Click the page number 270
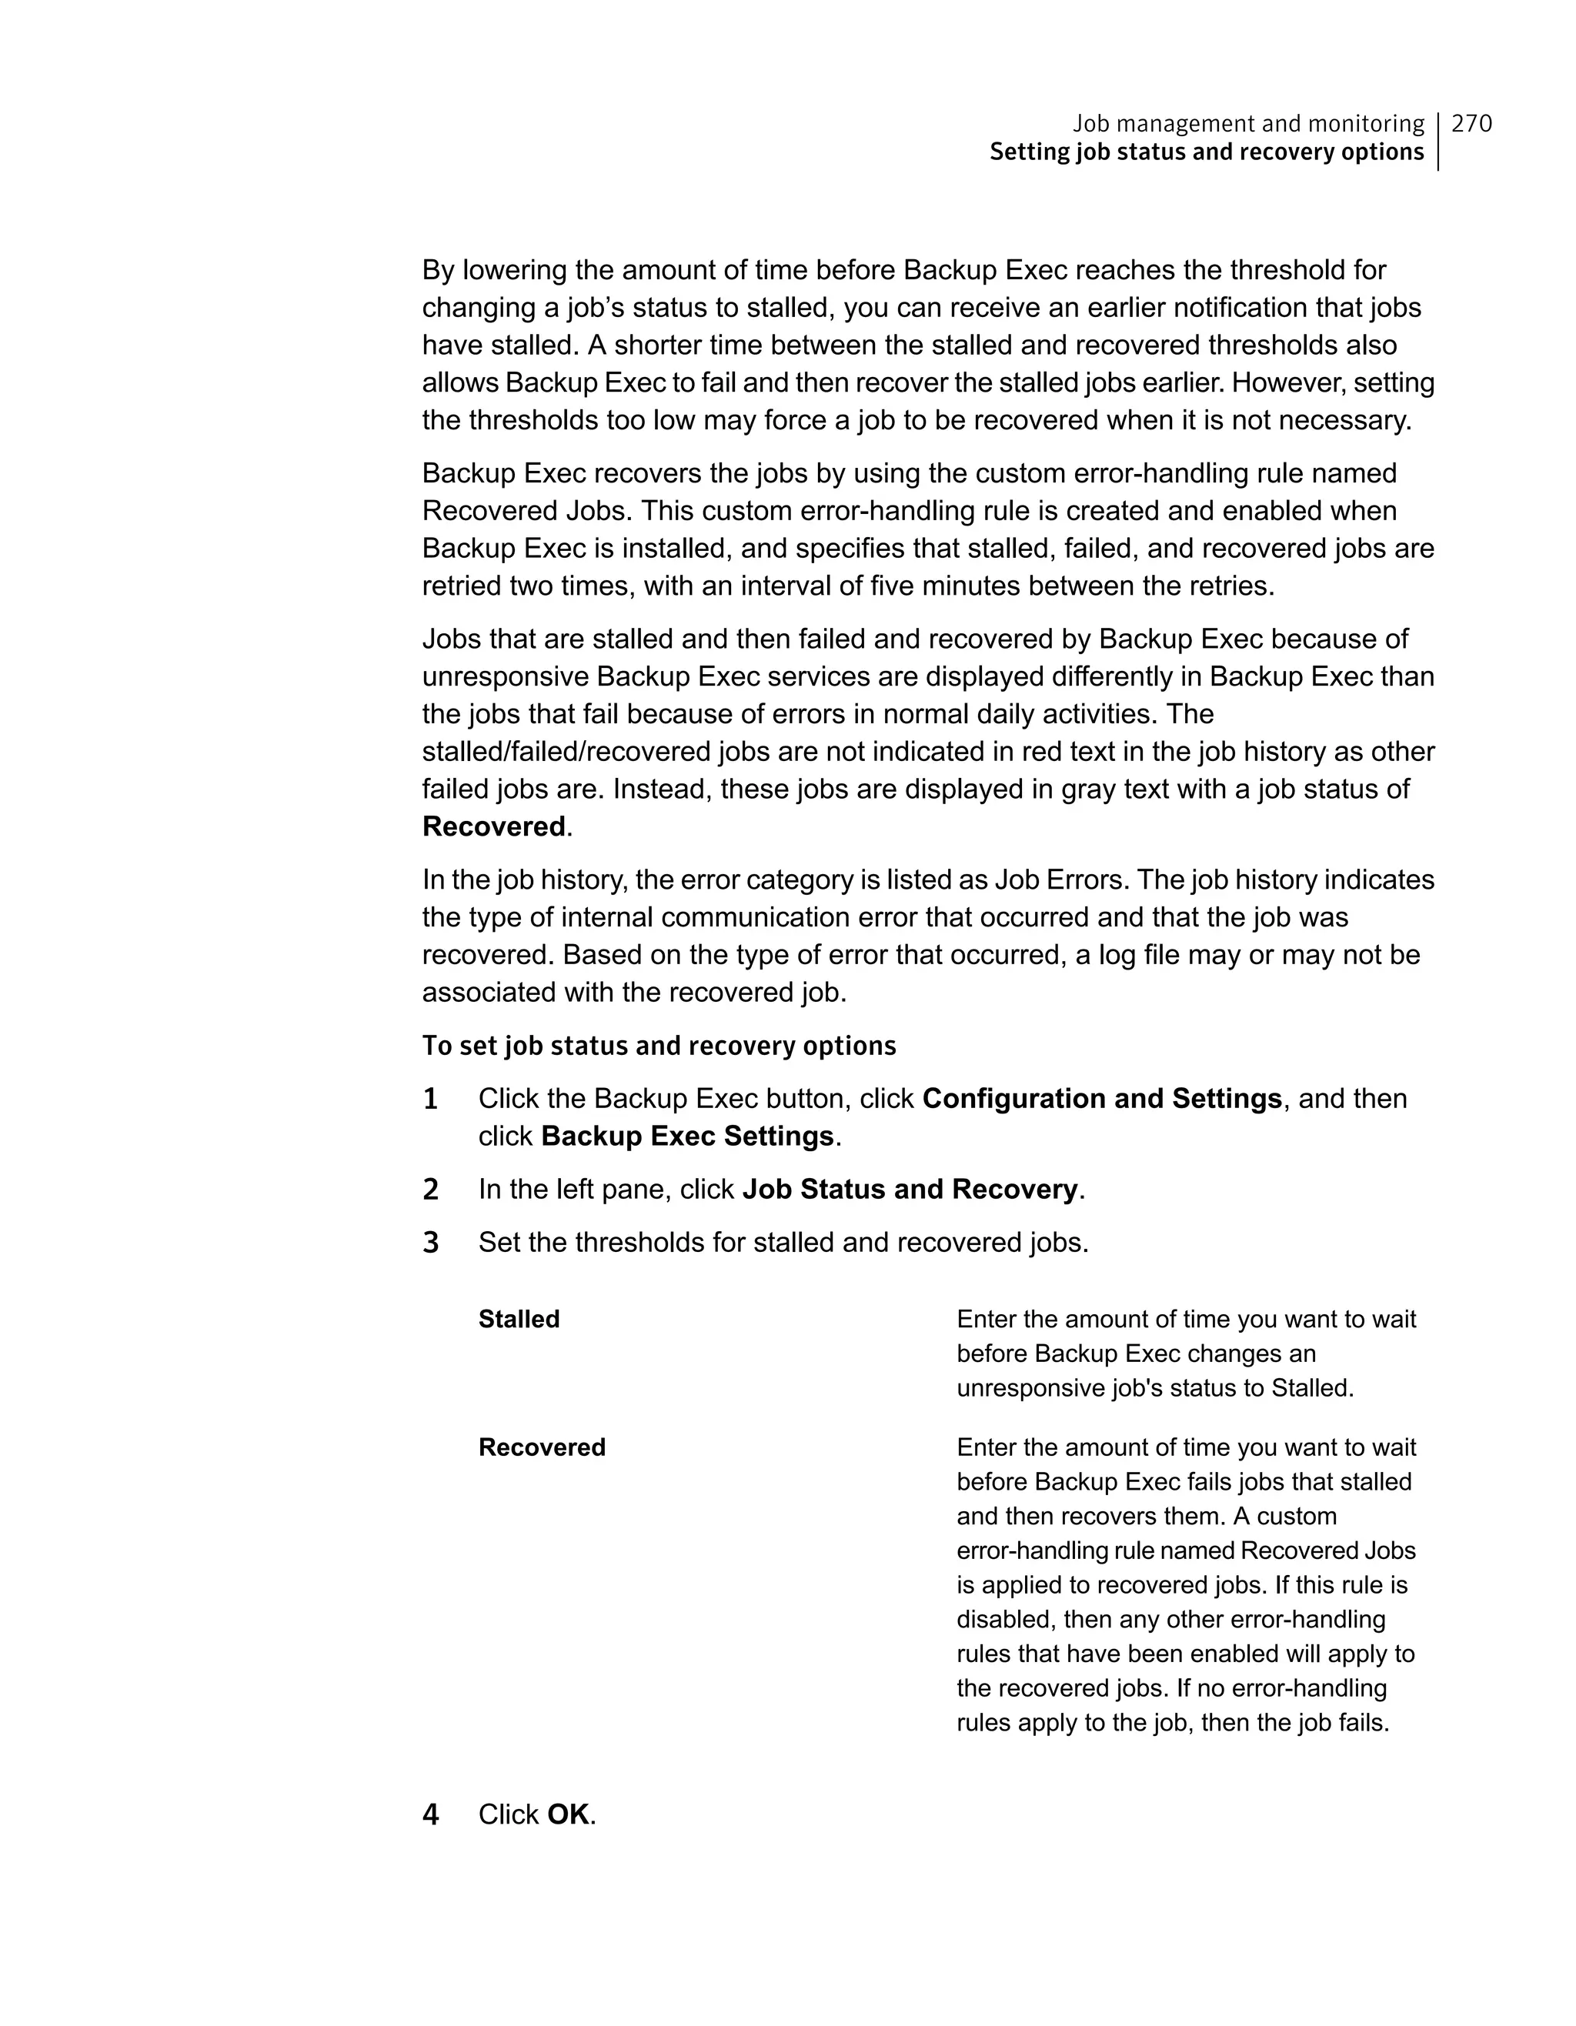pyautogui.click(x=1471, y=123)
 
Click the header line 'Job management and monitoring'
pyautogui.click(x=1247, y=123)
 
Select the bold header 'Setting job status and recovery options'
pyautogui.click(x=1206, y=152)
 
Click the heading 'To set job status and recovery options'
pyautogui.click(x=659, y=1046)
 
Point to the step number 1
pyautogui.click(x=430, y=1100)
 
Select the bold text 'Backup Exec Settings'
pyautogui.click(x=687, y=1136)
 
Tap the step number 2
pyautogui.click(x=430, y=1190)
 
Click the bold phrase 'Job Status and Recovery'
pyautogui.click(x=910, y=1190)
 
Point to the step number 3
pyautogui.click(x=430, y=1242)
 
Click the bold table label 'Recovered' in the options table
pyautogui.click(x=542, y=1447)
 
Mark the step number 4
pyautogui.click(x=430, y=1814)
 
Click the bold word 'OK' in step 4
pyautogui.click(x=568, y=1814)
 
